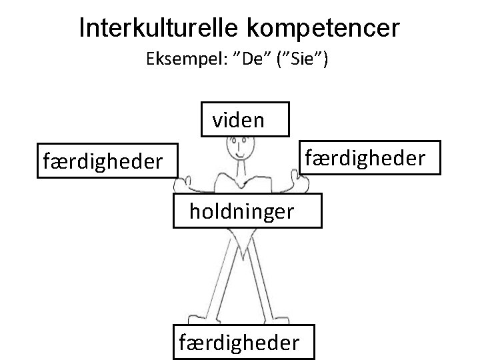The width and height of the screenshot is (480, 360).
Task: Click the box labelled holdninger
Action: [x=247, y=211]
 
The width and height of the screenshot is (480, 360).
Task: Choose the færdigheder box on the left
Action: [x=103, y=160]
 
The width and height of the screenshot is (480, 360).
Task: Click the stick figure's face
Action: [x=239, y=147]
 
